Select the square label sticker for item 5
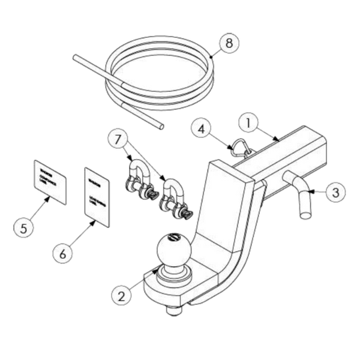[50, 179]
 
